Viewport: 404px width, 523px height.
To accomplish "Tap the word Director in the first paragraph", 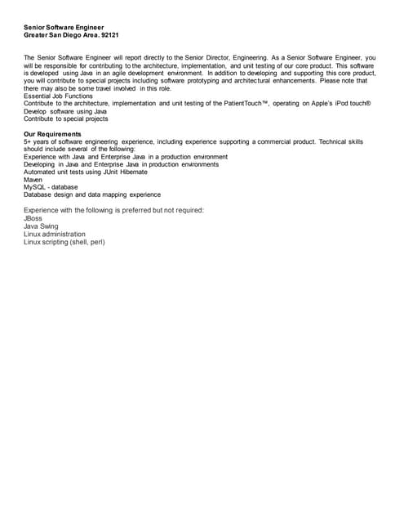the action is click(237, 58).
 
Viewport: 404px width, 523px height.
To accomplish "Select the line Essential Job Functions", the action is click(59, 96).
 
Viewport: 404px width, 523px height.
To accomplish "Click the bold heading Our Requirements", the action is click(52, 134).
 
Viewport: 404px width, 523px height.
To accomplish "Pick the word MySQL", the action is click(36, 187).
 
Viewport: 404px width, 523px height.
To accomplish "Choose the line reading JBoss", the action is click(33, 218).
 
